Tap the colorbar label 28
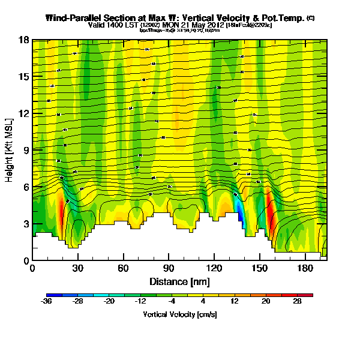(x=297, y=302)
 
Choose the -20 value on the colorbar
(x=110, y=302)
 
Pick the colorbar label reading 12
(x=235, y=302)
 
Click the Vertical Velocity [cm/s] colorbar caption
(x=179, y=314)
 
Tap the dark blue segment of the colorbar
(x=53, y=295)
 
